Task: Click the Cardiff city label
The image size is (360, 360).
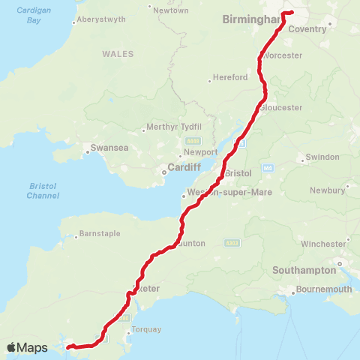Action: (x=183, y=167)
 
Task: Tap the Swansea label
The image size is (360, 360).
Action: (x=109, y=148)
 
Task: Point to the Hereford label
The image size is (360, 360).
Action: (x=229, y=77)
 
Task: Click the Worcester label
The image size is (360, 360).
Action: (x=283, y=55)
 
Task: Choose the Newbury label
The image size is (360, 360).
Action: (x=328, y=190)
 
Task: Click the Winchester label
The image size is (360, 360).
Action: (x=323, y=244)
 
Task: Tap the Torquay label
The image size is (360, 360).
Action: (x=141, y=329)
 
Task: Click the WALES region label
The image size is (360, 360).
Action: (x=118, y=54)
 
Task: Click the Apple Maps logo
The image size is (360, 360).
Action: (x=27, y=347)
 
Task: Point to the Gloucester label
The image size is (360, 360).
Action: (x=281, y=107)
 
